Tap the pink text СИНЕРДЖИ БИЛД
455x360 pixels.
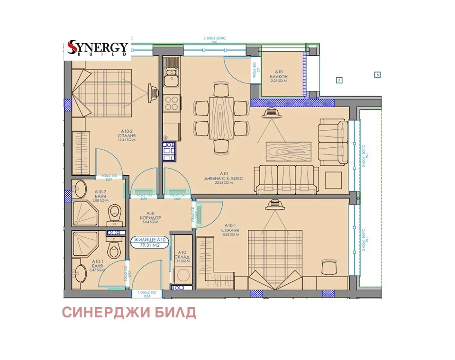[x=129, y=313]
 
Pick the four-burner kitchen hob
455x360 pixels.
[x=171, y=103]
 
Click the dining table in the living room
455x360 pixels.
[x=222, y=118]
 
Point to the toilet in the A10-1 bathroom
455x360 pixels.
[x=113, y=245]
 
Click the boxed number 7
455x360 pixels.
[x=339, y=80]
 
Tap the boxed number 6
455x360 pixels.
[x=378, y=74]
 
